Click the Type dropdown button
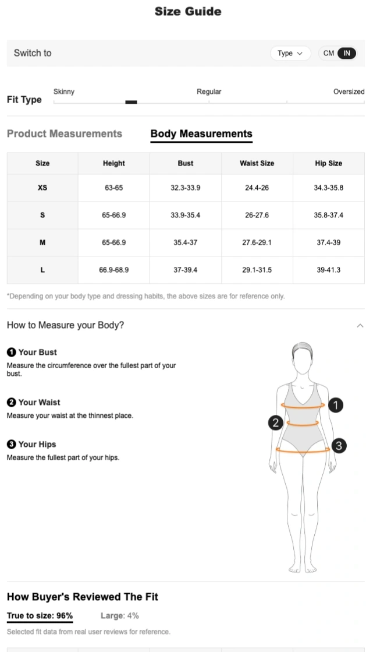pyautogui.click(x=290, y=53)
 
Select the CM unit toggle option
pyautogui.click(x=329, y=53)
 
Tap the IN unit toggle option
pyautogui.click(x=346, y=53)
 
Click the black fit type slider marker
pyautogui.click(x=131, y=102)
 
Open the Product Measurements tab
pyautogui.click(x=65, y=133)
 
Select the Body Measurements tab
pyautogui.click(x=201, y=133)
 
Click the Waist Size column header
pyautogui.click(x=257, y=163)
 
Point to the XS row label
pyautogui.click(x=42, y=188)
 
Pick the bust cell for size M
pyautogui.click(x=185, y=242)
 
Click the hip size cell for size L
pyautogui.click(x=328, y=270)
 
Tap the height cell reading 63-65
pyautogui.click(x=113, y=188)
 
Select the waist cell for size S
pyautogui.click(x=257, y=215)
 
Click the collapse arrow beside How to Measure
pyautogui.click(x=360, y=326)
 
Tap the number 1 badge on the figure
pyautogui.click(x=336, y=405)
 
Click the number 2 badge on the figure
pyautogui.click(x=276, y=422)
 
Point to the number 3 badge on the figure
pyautogui.click(x=339, y=446)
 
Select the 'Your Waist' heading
pyautogui.click(x=39, y=402)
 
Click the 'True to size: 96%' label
pyautogui.click(x=40, y=615)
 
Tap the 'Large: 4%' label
pyautogui.click(x=119, y=615)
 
